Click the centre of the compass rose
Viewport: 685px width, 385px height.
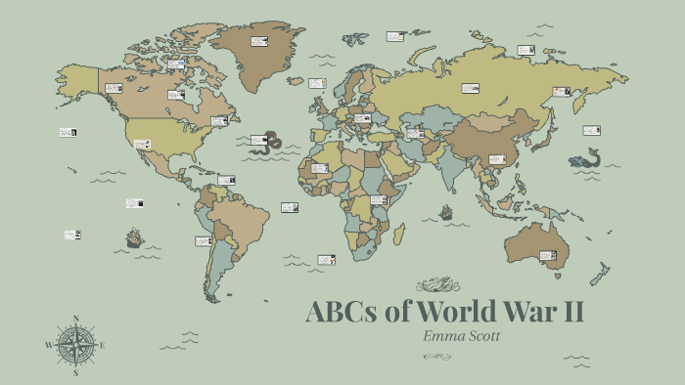[x=75, y=345]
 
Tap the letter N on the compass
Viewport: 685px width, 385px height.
[x=75, y=318]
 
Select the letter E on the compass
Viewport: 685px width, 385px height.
[x=103, y=345]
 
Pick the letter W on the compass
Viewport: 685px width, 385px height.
[x=48, y=345]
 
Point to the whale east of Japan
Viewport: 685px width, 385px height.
[x=585, y=158]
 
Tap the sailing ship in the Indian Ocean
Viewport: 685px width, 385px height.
[x=446, y=212]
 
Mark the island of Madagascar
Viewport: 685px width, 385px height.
[x=398, y=235]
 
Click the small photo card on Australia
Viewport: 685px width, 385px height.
[x=549, y=256]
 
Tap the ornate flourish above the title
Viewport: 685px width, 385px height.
[x=435, y=285]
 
